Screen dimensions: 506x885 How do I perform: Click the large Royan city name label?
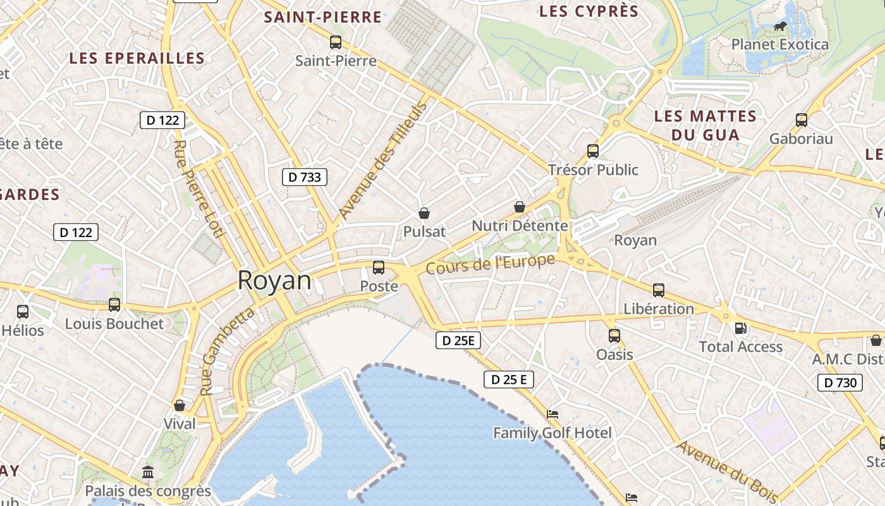274,281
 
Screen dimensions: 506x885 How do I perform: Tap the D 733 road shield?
304,177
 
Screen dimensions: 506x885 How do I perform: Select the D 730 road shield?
839,382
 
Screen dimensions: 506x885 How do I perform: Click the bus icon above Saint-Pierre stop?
336,42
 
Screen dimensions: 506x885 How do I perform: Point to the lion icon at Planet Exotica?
780,27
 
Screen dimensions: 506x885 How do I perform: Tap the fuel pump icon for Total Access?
740,328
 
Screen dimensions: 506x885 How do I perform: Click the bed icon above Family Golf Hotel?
552,414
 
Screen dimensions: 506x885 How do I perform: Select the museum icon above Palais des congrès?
148,472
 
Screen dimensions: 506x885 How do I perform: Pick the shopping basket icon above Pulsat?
424,214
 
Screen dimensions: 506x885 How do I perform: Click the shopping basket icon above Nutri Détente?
520,207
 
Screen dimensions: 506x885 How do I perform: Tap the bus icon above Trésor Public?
593,151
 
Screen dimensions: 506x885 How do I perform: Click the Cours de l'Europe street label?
491,264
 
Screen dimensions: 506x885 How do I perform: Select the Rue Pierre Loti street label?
198,188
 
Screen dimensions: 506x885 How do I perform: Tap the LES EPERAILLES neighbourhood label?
137,58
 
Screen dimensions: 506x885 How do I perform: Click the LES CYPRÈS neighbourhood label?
589,11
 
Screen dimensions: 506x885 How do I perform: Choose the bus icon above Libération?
659,290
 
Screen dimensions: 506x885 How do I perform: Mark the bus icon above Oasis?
614,336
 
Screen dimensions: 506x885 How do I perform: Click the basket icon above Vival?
180,405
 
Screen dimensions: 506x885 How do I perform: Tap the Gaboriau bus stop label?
801,139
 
